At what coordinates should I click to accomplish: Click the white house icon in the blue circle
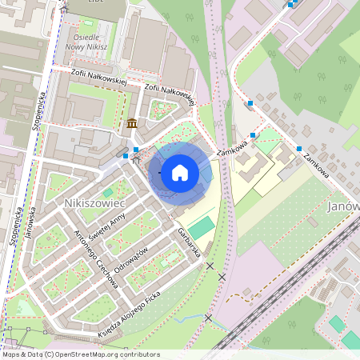180,172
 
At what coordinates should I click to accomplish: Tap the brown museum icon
130,123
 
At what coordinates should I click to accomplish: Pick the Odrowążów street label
131,257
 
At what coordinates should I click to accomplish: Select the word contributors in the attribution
139,354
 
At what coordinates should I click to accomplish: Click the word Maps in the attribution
11,354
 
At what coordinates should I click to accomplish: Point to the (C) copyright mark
49,354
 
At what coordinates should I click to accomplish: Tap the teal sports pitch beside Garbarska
202,226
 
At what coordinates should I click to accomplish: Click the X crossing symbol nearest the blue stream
208,318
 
